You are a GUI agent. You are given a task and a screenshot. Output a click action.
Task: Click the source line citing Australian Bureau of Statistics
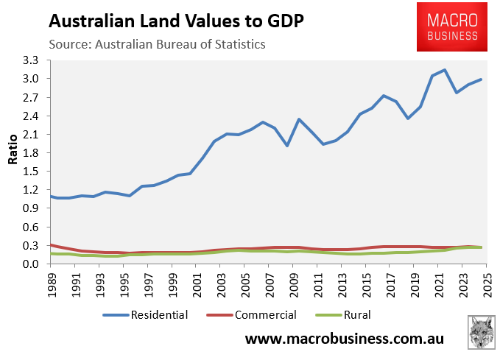pyautogui.click(x=157, y=44)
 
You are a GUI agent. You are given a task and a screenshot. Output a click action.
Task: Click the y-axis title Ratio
pyautogui.click(x=13, y=162)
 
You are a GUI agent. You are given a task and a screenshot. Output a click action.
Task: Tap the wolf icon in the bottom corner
pyautogui.click(x=482, y=332)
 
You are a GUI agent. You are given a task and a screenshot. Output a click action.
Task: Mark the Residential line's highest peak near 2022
pyautogui.click(x=445, y=70)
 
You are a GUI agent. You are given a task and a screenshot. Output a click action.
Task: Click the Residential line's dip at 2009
pyautogui.click(x=286, y=146)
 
